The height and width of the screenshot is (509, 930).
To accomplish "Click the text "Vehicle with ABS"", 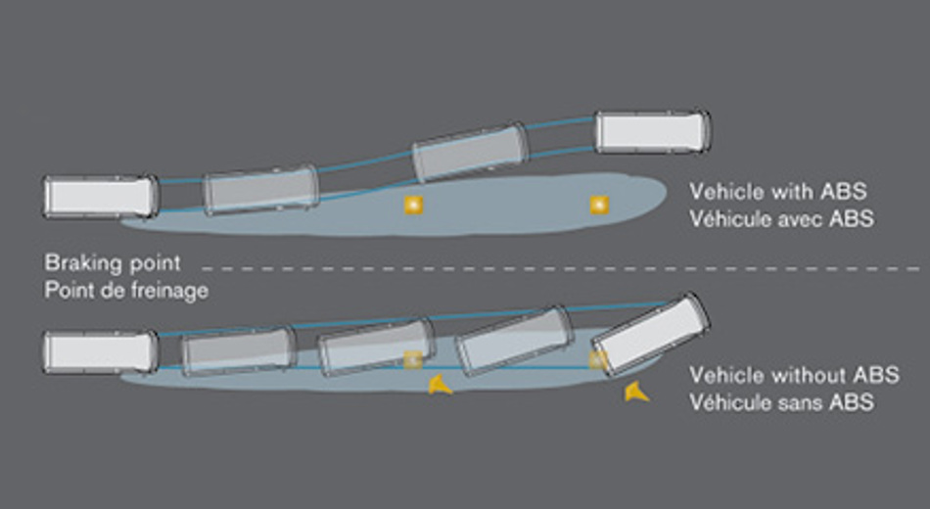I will pyautogui.click(x=777, y=191).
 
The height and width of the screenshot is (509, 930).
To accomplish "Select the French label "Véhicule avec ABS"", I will pyautogui.click(x=781, y=218).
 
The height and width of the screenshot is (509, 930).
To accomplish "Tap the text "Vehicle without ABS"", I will pyautogui.click(x=794, y=374).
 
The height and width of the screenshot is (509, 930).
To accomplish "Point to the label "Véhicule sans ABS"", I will pyautogui.click(x=781, y=401).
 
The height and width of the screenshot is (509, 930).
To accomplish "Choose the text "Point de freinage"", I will pyautogui.click(x=126, y=291).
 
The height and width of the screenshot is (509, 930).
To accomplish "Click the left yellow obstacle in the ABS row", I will pyautogui.click(x=413, y=205).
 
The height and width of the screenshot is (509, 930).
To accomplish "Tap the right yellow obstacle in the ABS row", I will pyautogui.click(x=598, y=205).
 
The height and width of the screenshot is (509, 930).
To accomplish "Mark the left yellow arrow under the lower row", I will pyautogui.click(x=440, y=386).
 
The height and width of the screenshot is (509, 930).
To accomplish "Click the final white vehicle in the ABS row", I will pyautogui.click(x=653, y=131).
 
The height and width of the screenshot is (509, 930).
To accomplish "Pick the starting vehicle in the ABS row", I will pyautogui.click(x=101, y=196).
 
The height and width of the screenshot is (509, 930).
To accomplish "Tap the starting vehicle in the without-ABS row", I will pyautogui.click(x=101, y=351).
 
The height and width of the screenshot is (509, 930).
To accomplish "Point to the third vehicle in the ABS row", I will pyautogui.click(x=471, y=152).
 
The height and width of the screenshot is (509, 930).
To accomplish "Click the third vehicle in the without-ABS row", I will pyautogui.click(x=377, y=346).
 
